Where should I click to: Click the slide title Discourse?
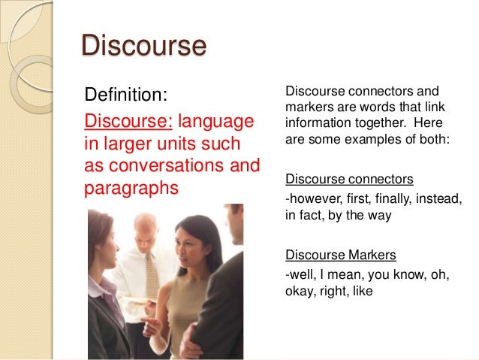pyautogui.click(x=143, y=46)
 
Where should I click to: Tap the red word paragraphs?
pyautogui.click(x=132, y=187)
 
